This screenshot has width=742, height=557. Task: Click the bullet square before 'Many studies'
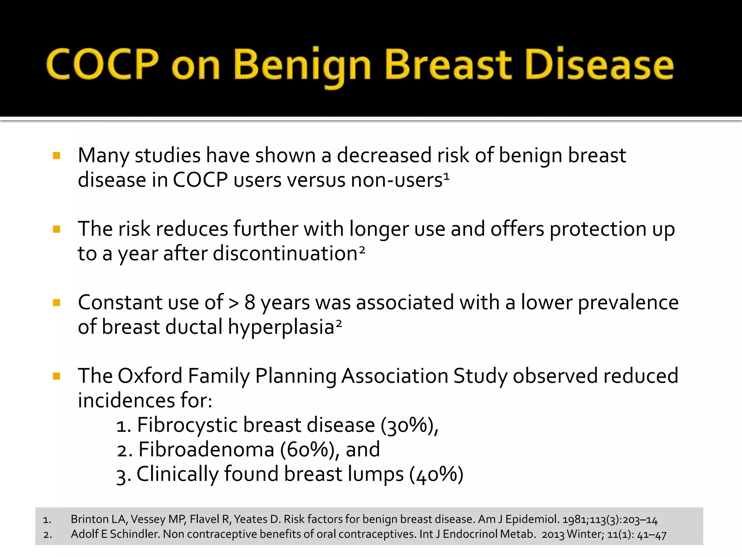pyautogui.click(x=57, y=156)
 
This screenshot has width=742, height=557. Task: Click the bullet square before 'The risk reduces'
pyautogui.click(x=57, y=229)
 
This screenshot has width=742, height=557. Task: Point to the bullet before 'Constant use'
pyautogui.click(x=57, y=302)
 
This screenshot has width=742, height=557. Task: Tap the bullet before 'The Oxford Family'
pyautogui.click(x=57, y=376)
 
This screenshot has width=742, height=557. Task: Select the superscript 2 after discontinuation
pyautogui.click(x=362, y=250)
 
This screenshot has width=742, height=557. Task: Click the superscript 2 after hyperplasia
pyautogui.click(x=338, y=323)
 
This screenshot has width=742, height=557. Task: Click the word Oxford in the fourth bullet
pyautogui.click(x=150, y=376)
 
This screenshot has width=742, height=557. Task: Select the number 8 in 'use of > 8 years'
pyautogui.click(x=250, y=302)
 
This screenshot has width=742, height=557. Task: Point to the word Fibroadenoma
pyautogui.click(x=206, y=450)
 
